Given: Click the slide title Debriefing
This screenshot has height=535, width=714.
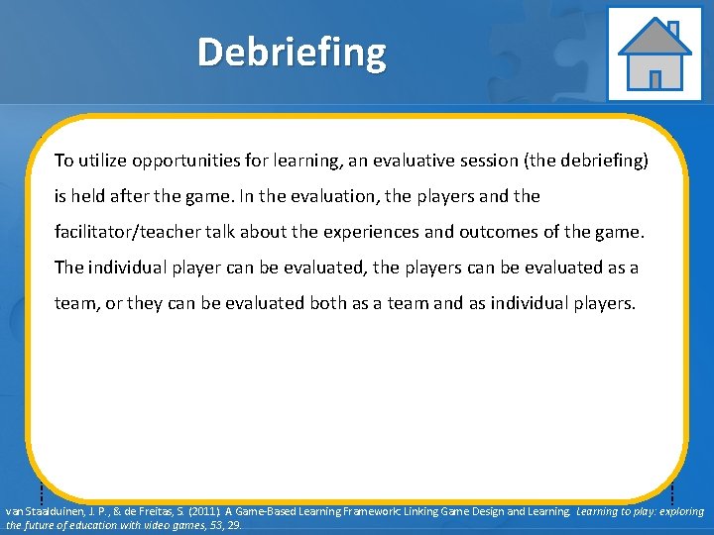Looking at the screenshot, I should pos(292,53).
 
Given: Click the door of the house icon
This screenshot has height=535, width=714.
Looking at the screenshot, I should pos(654,78).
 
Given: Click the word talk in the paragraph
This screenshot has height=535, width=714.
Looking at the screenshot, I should pos(232,232).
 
